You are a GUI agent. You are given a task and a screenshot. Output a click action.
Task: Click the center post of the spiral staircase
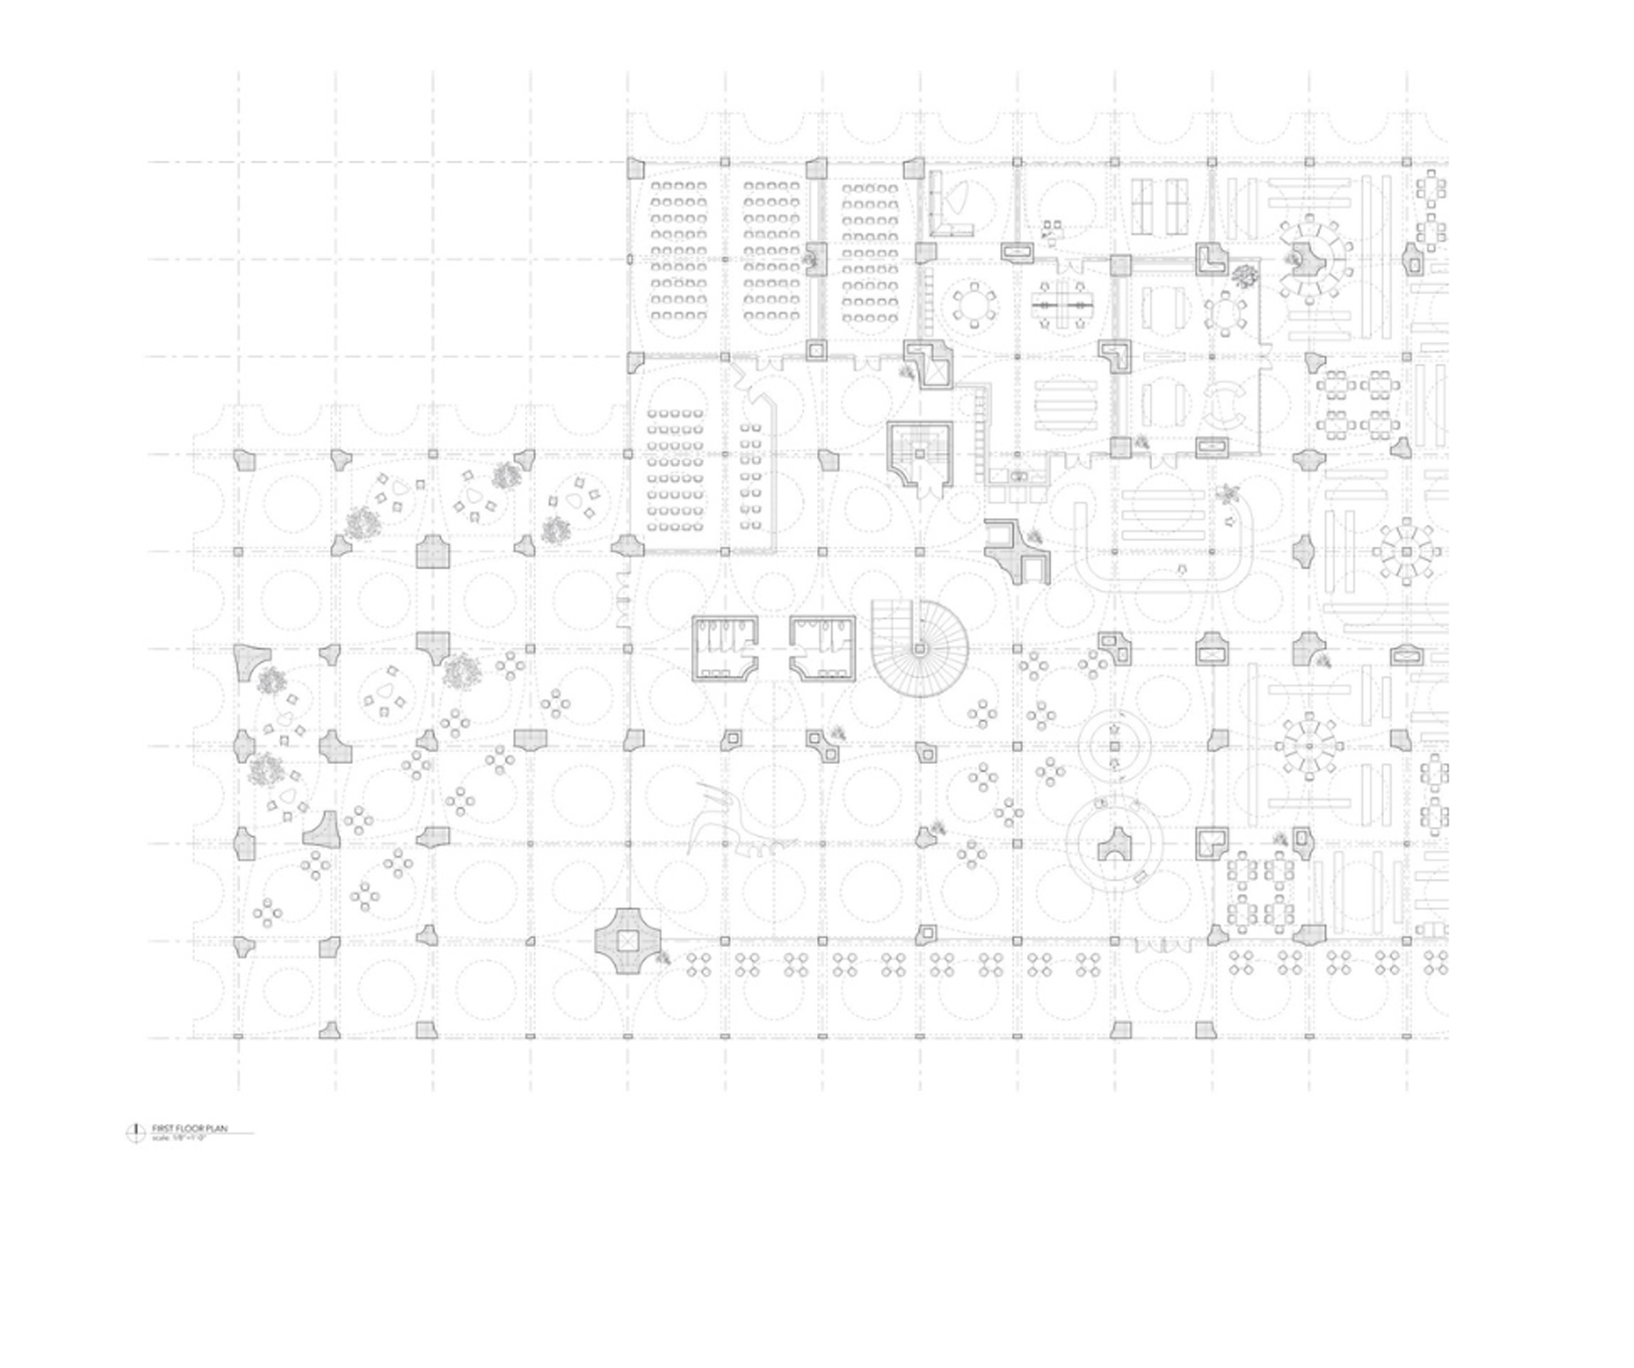(x=920, y=649)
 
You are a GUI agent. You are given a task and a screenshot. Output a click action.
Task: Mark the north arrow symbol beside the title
(x=135, y=1132)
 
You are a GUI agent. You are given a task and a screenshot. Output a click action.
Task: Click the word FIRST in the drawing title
(x=162, y=1129)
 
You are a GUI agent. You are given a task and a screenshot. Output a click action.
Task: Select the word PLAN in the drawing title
(x=217, y=1129)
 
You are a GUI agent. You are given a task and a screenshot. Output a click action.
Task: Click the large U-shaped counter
(x=1163, y=543)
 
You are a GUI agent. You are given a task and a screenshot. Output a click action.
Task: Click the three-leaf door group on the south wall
(x=1163, y=944)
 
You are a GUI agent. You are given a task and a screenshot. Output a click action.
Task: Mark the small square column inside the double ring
(x=1114, y=746)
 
